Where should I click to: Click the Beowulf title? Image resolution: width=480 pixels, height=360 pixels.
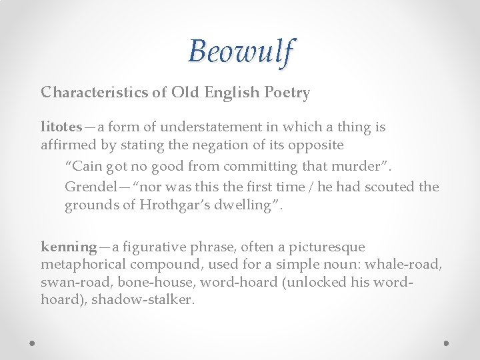240,51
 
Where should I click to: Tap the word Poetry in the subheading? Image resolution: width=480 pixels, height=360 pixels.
287,93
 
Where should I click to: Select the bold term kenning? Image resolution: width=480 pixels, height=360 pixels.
69,247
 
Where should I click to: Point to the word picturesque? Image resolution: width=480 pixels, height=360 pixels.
325,247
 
